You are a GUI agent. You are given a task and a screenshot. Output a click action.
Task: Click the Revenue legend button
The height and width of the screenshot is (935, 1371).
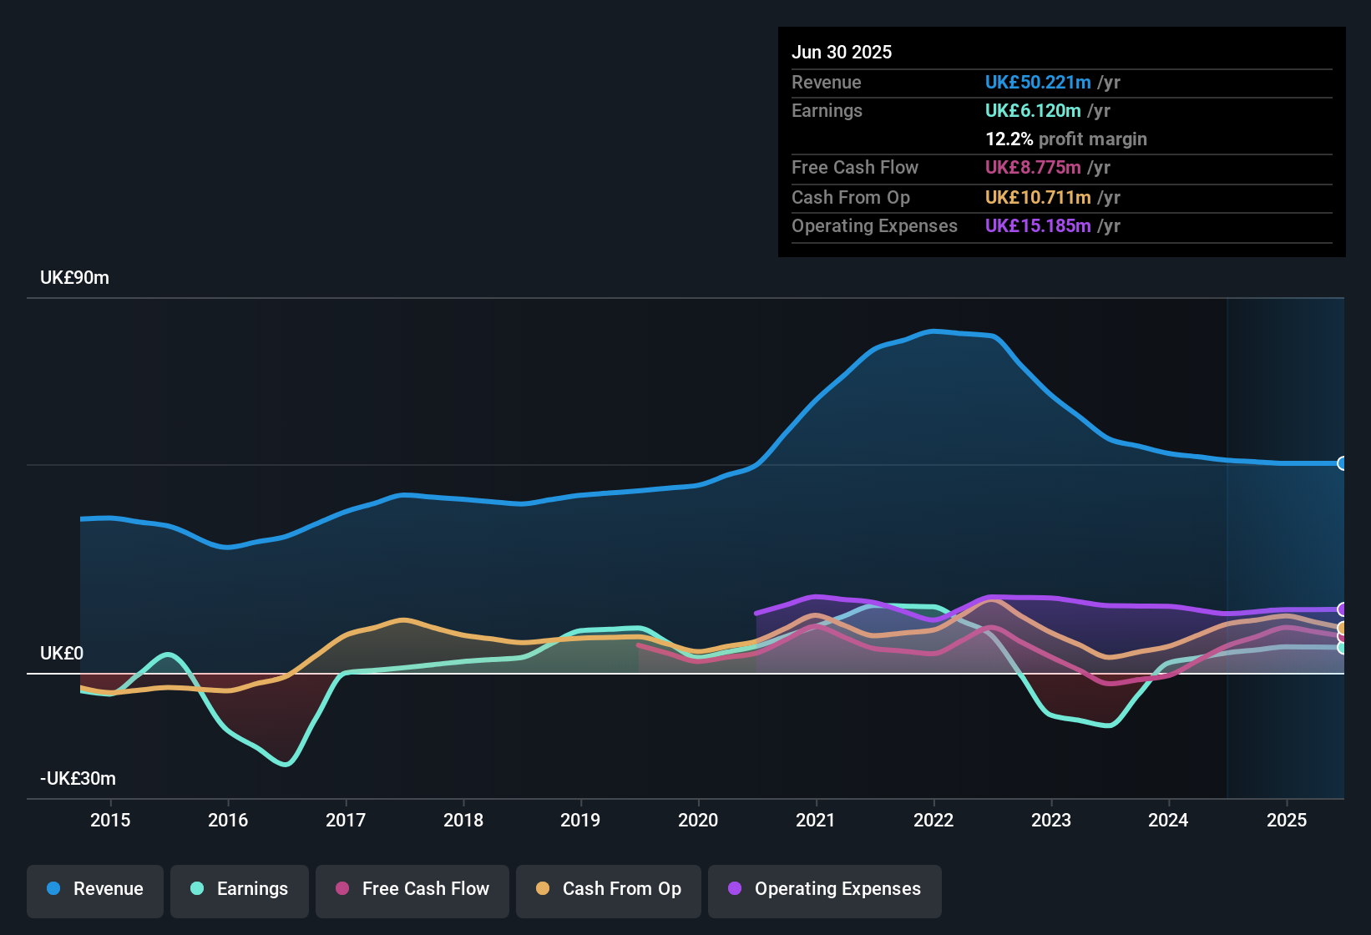(x=95, y=889)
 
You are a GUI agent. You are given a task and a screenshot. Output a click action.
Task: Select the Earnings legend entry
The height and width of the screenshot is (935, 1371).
(x=240, y=889)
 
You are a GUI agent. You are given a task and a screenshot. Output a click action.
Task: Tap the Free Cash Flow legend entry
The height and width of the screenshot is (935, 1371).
(x=412, y=889)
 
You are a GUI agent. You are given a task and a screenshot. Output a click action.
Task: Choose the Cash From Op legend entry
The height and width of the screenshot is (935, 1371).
(x=609, y=889)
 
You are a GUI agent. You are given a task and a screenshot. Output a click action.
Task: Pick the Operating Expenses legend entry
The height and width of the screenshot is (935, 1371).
(x=825, y=889)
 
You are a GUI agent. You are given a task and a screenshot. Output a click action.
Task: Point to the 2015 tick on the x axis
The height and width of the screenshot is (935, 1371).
(x=110, y=820)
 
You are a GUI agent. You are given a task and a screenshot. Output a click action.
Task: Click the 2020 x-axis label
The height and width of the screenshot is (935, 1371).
(x=698, y=820)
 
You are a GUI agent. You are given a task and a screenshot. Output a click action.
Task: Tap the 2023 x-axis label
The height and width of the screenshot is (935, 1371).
(x=1051, y=820)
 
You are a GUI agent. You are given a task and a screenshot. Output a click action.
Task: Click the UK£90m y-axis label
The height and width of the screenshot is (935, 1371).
(x=74, y=278)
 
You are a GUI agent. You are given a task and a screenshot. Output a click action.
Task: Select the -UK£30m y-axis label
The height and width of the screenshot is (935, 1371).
(x=78, y=779)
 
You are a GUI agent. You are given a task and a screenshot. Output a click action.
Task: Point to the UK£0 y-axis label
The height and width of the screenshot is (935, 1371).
(x=62, y=654)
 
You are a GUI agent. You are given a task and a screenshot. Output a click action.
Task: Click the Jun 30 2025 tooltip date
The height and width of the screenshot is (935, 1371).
(x=842, y=53)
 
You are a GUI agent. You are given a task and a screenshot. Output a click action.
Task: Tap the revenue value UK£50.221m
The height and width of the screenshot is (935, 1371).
(x=1038, y=83)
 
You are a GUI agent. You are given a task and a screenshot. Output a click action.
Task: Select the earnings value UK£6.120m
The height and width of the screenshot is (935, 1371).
(x=1033, y=111)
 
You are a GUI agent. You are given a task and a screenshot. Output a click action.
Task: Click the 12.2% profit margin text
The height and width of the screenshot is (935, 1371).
(x=1066, y=139)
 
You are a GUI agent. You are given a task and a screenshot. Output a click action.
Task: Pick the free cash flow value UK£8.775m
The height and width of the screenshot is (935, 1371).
(x=1033, y=168)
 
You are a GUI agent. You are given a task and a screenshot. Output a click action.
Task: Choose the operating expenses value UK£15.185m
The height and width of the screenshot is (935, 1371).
(x=1038, y=226)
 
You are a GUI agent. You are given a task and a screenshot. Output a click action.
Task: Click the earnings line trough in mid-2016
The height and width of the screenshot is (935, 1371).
(x=286, y=763)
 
